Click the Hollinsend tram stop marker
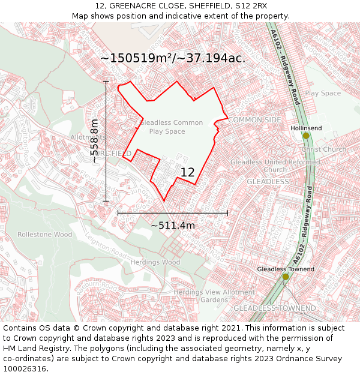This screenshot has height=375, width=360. (306, 136)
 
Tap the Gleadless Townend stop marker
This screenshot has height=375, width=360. (286, 277)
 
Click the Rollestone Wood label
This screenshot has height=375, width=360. (44, 235)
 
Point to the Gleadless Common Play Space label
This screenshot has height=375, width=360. (170, 127)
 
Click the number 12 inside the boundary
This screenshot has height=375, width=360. (187, 172)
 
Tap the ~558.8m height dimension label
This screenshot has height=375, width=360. (95, 142)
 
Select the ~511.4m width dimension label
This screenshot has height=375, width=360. (173, 226)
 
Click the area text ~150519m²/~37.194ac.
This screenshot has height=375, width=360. (173, 58)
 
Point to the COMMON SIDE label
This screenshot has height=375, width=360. (254, 120)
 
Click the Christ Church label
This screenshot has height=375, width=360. (324, 149)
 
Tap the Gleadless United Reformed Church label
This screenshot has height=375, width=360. (275, 166)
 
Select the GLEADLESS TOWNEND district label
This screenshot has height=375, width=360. (274, 308)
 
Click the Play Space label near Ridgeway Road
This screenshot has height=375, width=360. (323, 93)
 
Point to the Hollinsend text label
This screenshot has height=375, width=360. (306, 128)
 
